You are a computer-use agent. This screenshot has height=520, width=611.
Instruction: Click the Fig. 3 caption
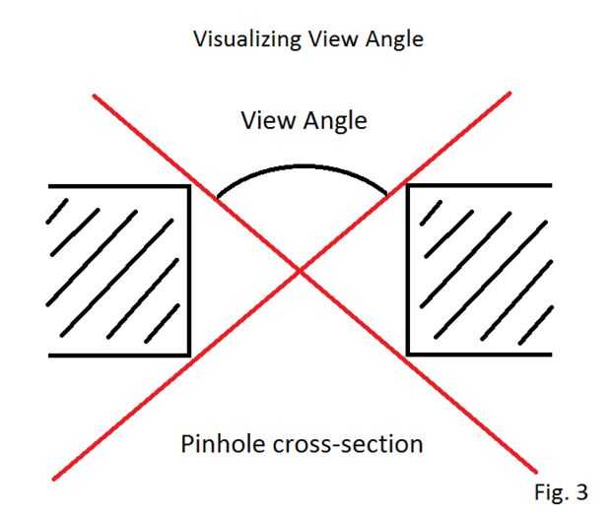click(x=561, y=489)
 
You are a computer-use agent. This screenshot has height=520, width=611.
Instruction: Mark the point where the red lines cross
click(x=302, y=271)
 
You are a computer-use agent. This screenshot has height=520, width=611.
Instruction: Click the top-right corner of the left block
click(x=188, y=186)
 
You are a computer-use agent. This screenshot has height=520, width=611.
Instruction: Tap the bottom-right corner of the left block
click(x=188, y=355)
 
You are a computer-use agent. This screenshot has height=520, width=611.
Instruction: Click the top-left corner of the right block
click(x=408, y=186)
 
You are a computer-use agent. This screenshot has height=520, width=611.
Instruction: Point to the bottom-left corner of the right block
click(x=408, y=355)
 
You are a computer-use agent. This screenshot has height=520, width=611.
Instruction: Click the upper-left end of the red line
click(x=94, y=96)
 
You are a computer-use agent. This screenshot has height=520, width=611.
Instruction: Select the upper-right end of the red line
click(x=510, y=94)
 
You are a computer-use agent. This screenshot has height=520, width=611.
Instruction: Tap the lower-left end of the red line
click(x=53, y=480)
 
